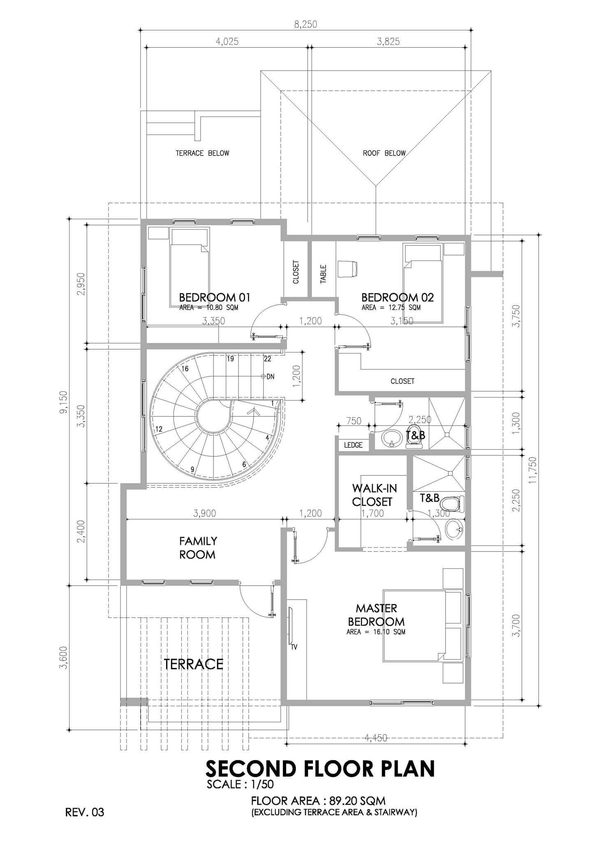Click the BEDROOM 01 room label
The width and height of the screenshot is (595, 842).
click(x=215, y=297)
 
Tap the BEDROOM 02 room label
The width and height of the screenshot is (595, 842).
click(x=398, y=297)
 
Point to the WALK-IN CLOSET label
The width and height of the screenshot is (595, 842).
click(x=372, y=495)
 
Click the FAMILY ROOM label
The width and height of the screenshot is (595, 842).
click(x=197, y=548)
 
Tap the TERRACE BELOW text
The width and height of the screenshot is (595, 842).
click(x=202, y=153)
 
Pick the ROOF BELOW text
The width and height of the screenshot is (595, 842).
click(x=384, y=153)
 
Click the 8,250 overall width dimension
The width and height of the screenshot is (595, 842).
click(x=306, y=25)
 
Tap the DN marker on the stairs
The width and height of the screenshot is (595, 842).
click(x=270, y=376)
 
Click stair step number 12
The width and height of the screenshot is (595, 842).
click(x=159, y=429)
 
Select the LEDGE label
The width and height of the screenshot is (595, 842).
click(x=353, y=445)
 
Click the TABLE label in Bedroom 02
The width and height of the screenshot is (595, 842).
click(x=323, y=274)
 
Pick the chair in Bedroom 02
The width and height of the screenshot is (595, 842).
click(x=348, y=269)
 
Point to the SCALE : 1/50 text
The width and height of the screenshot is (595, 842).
click(x=241, y=784)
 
